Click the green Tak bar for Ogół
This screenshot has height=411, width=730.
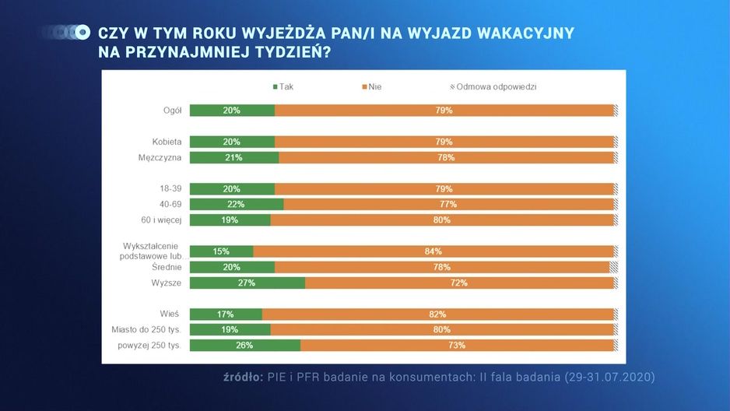click(x=233, y=111)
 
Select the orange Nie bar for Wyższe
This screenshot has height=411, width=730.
click(x=459, y=283)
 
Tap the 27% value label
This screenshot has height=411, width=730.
click(x=246, y=283)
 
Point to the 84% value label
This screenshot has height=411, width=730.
click(x=433, y=251)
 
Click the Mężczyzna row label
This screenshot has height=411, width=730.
click(x=160, y=157)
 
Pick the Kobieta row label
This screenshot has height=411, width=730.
click(x=167, y=142)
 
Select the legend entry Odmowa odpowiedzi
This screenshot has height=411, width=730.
click(x=493, y=86)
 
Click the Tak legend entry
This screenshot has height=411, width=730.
click(x=283, y=86)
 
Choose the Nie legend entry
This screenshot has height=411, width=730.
click(x=372, y=86)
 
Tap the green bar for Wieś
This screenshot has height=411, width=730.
click(x=226, y=314)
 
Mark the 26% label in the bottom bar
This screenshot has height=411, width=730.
click(x=244, y=346)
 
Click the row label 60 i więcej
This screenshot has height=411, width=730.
click(x=161, y=220)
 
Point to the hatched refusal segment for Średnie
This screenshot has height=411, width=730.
click(x=613, y=267)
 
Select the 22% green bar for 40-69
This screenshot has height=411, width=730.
click(x=237, y=205)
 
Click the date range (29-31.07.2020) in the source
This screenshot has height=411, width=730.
click(x=609, y=377)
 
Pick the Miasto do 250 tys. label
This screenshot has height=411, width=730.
click(x=146, y=329)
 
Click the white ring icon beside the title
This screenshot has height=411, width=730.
click(x=82, y=32)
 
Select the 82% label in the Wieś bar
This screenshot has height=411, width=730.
click(x=437, y=314)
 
